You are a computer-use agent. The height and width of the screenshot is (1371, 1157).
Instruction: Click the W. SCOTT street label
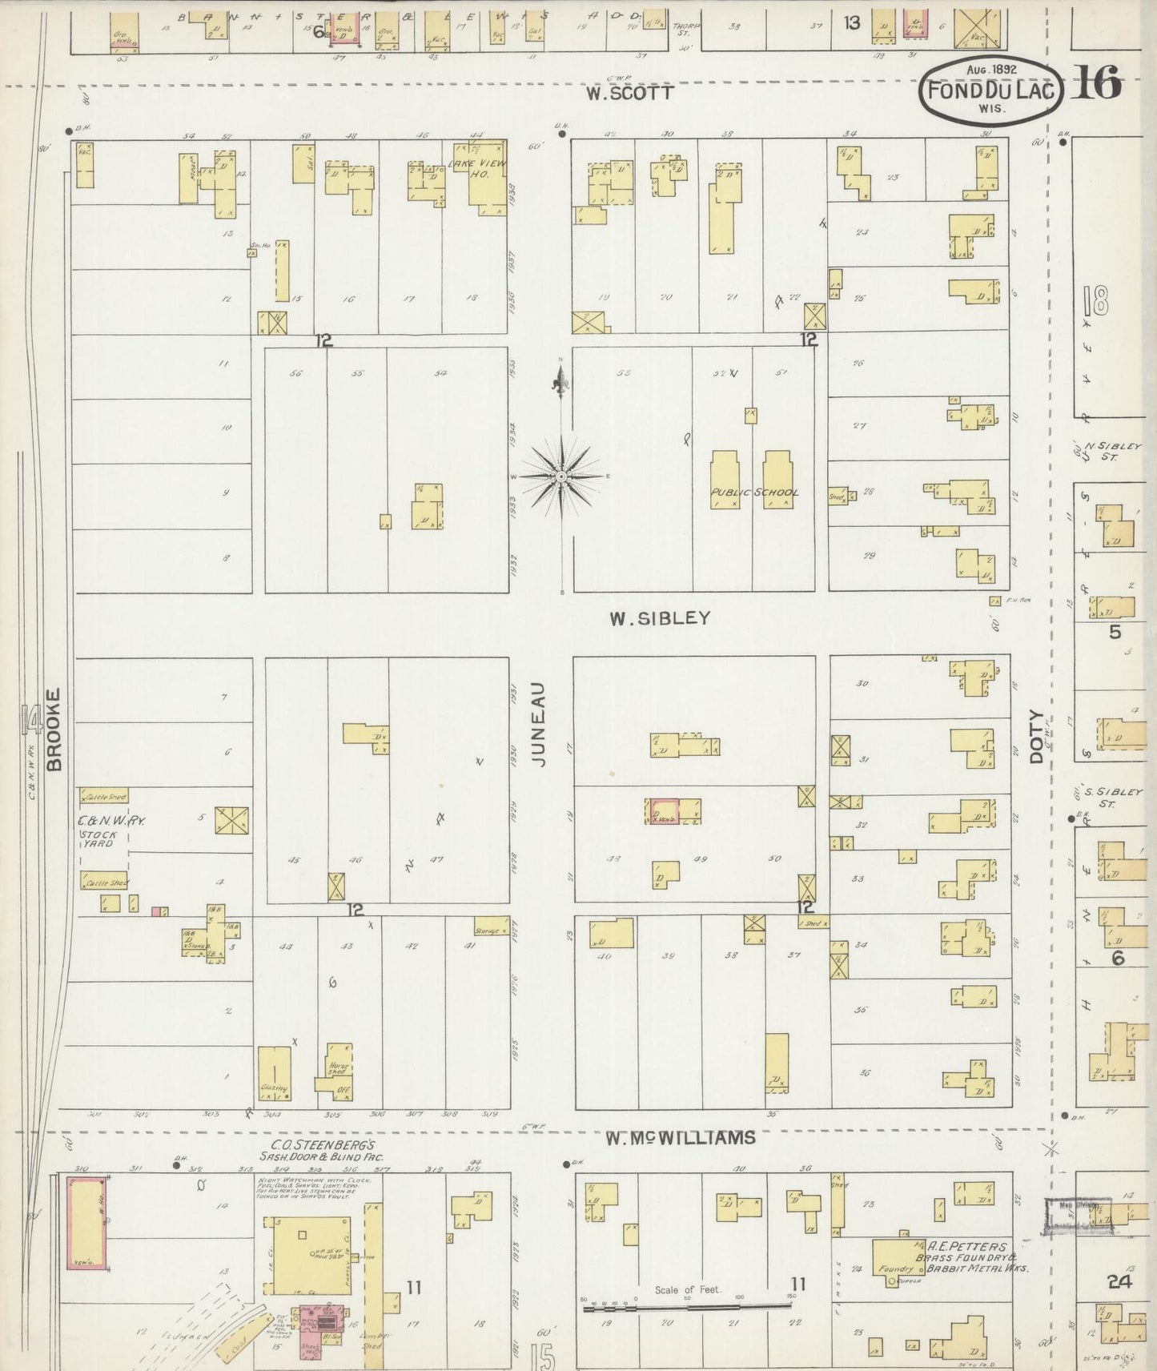click(x=629, y=94)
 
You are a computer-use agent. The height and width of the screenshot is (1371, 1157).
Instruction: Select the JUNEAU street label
click(x=538, y=725)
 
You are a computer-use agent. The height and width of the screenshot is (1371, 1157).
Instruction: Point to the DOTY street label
click(x=1038, y=736)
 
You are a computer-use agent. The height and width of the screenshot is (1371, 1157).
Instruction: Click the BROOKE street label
click(x=54, y=730)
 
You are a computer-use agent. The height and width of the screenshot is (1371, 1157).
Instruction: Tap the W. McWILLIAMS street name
click(x=680, y=1137)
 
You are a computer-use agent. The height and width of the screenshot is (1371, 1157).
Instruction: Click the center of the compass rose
click(x=561, y=476)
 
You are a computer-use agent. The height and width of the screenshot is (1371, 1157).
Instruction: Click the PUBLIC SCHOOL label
click(x=754, y=493)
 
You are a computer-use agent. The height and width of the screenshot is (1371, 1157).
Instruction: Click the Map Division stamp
click(x=1079, y=1214)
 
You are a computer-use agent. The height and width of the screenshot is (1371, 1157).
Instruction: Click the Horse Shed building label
click(x=337, y=1068)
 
